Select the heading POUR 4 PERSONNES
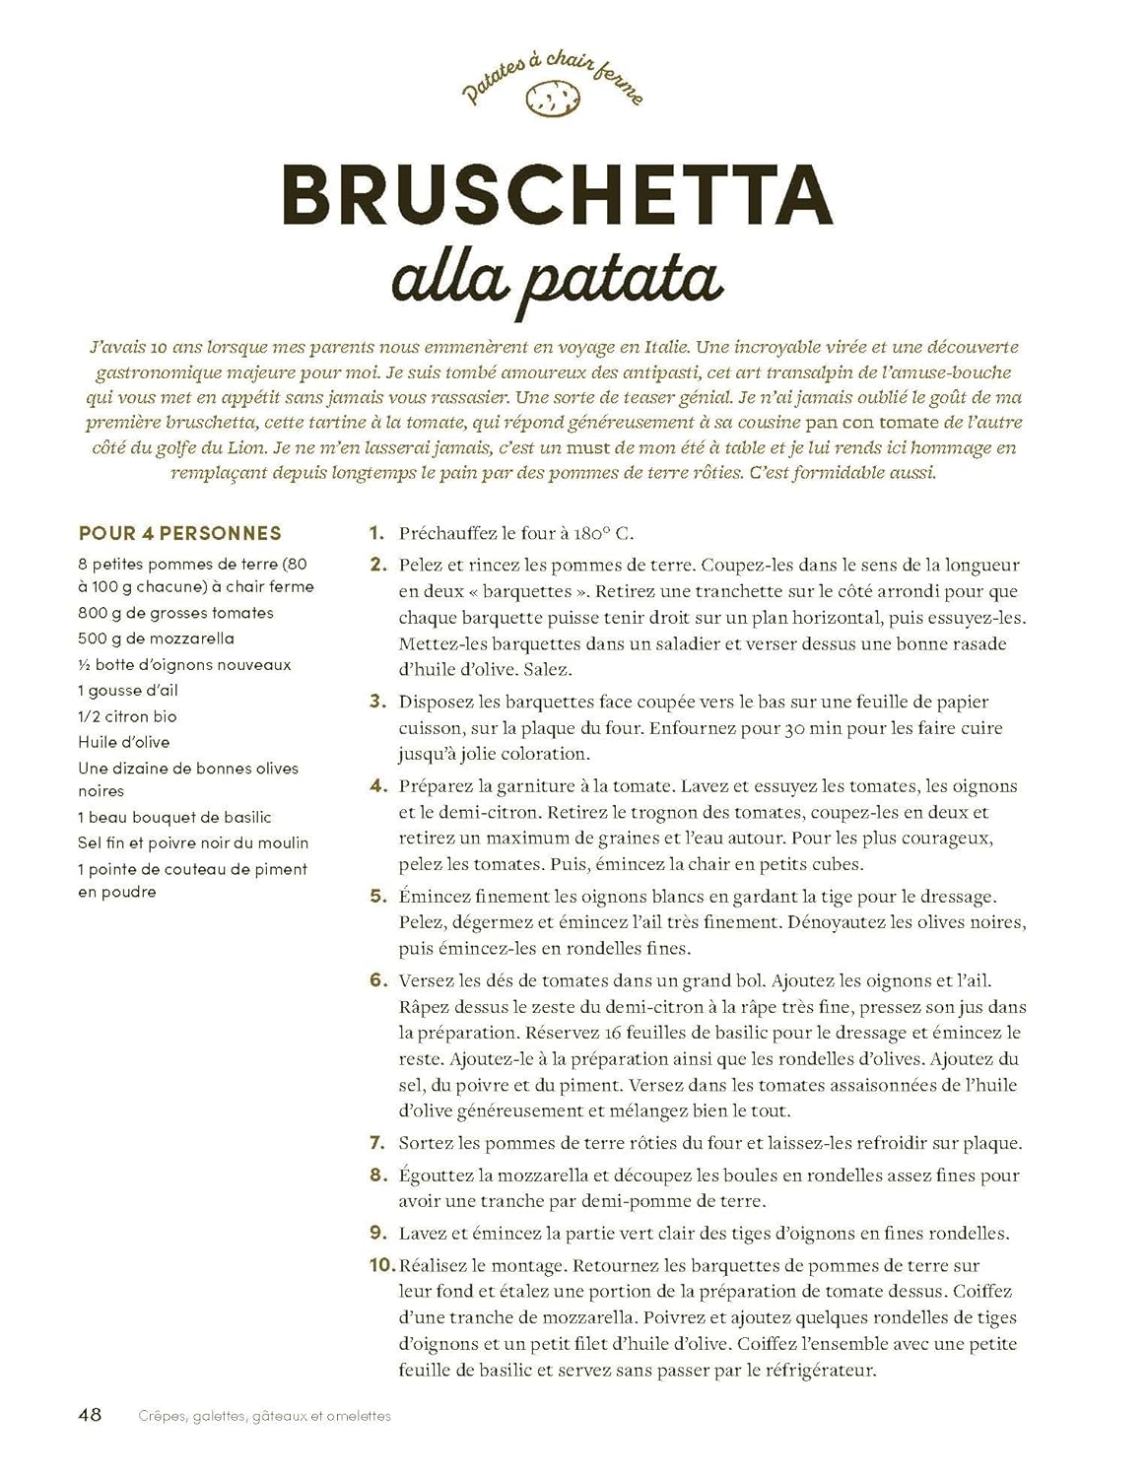coord(180,533)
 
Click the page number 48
coord(90,1415)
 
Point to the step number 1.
coord(375,533)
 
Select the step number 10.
coord(381,1265)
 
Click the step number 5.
coord(377,897)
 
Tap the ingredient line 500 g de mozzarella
coord(157,638)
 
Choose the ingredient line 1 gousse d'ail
coord(128,691)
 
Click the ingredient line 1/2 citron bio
coord(128,716)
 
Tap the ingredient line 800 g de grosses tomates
coord(176,613)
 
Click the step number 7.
coord(377,1143)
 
